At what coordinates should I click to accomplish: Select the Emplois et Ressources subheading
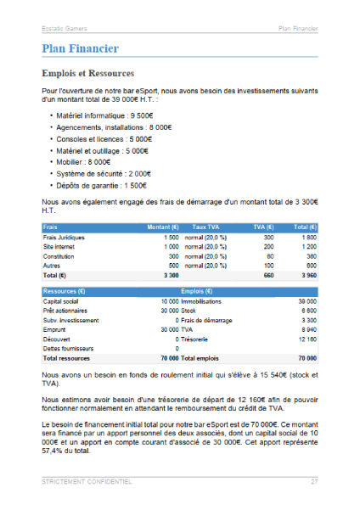point(87,73)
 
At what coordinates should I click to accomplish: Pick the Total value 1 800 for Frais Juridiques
point(308,238)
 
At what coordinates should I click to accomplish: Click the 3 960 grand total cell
point(307,275)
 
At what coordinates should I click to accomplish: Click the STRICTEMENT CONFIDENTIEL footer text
point(87,482)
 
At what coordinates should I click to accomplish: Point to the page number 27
point(313,482)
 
